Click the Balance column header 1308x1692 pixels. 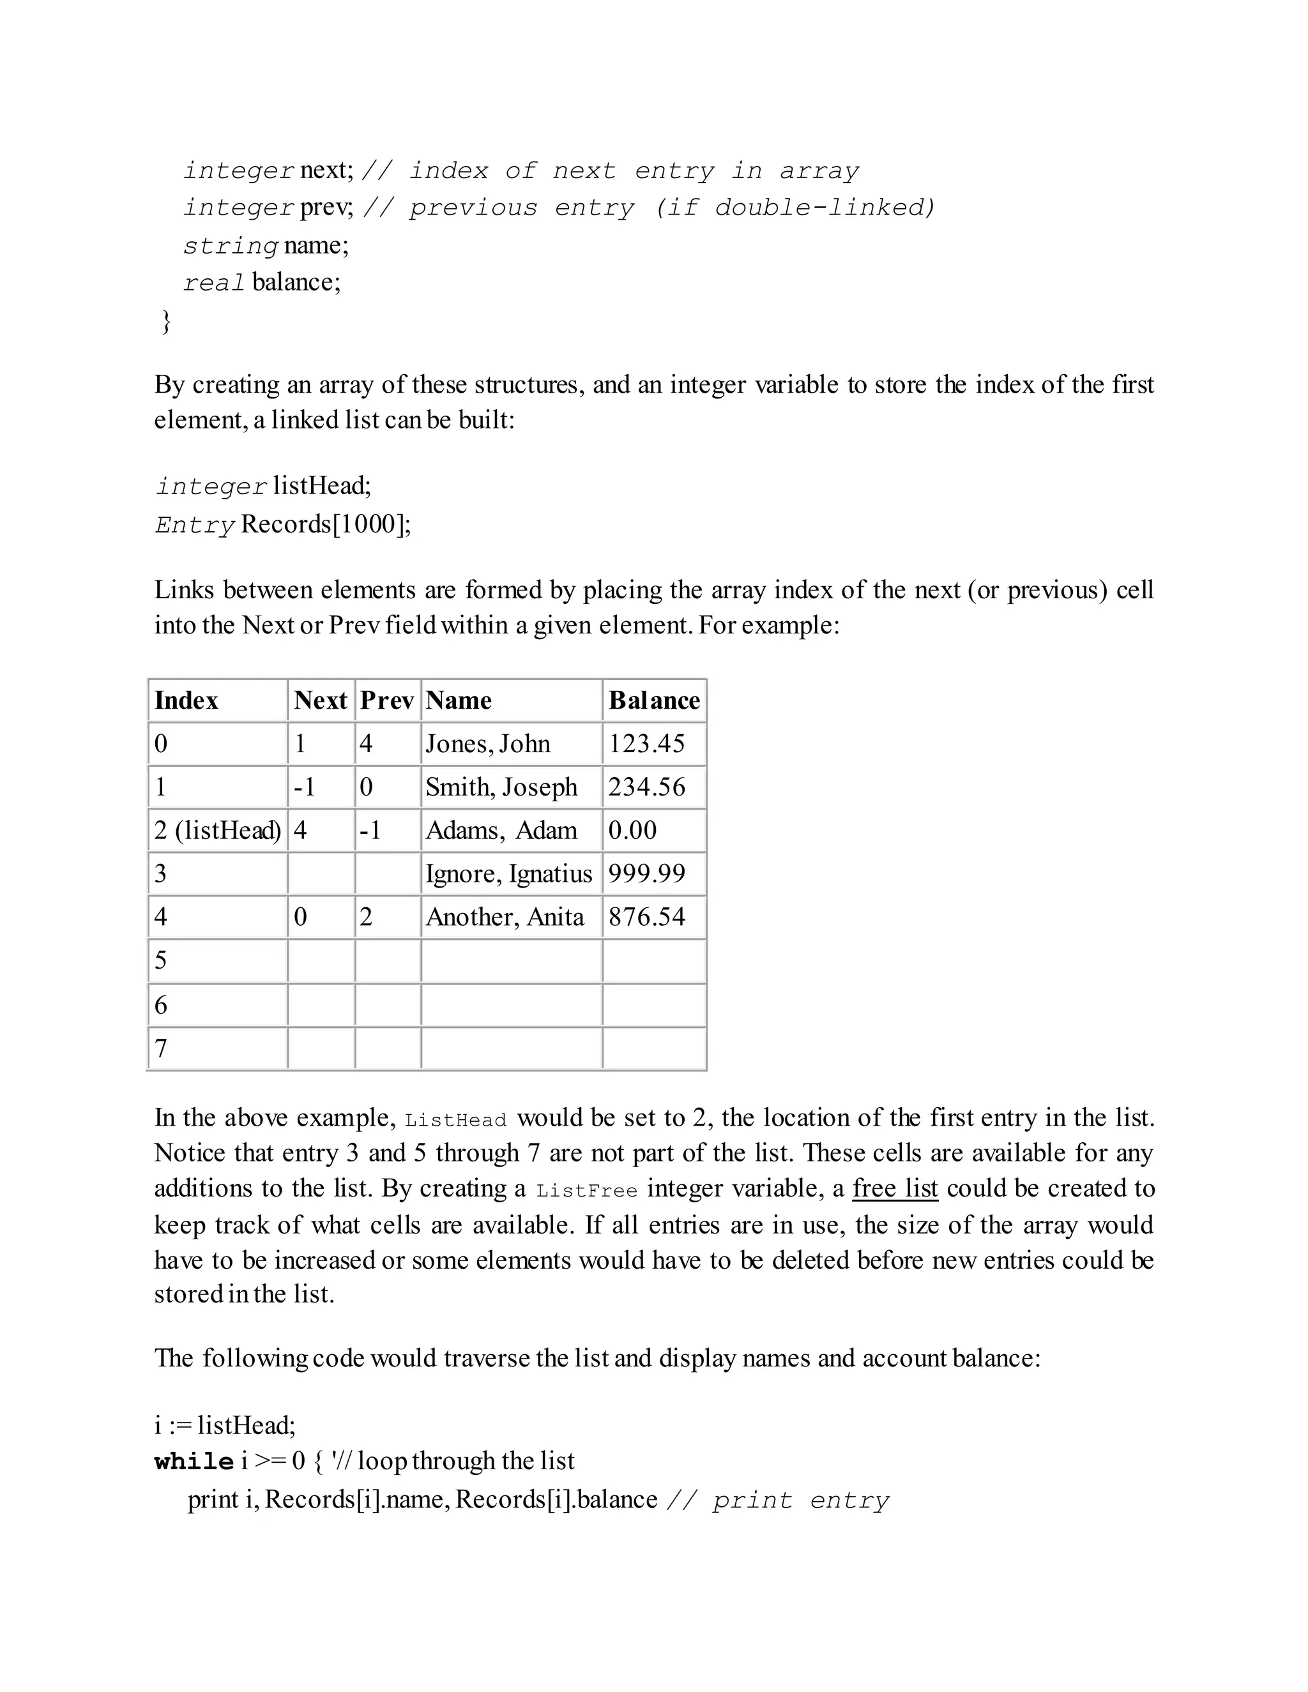click(654, 700)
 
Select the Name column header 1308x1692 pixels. click(459, 700)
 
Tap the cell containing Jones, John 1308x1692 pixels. click(487, 744)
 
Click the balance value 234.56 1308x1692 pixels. click(646, 787)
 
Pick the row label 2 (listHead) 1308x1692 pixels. click(217, 831)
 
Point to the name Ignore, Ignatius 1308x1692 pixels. click(508, 874)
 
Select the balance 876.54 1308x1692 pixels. click(646, 918)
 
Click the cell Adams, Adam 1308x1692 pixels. click(501, 831)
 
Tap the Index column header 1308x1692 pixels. click(186, 700)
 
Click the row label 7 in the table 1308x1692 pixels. click(160, 1048)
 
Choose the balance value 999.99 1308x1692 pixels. click(646, 874)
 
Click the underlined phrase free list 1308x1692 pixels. click(895, 1188)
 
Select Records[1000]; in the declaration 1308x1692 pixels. click(326, 524)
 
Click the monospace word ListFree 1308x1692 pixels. click(586, 1191)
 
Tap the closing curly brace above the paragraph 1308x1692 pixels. click(165, 320)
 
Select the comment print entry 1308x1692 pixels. click(800, 1500)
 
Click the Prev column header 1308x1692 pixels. click(386, 700)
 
